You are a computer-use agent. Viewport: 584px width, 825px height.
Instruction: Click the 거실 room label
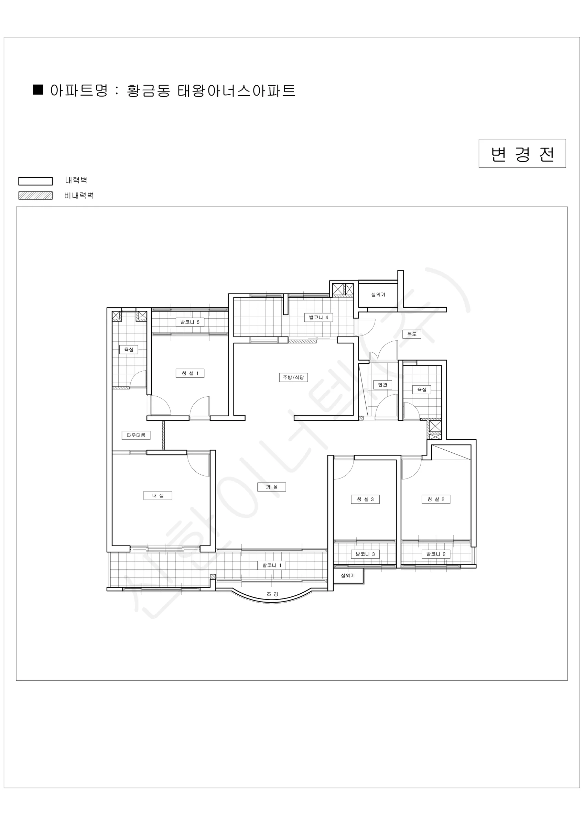[271, 487]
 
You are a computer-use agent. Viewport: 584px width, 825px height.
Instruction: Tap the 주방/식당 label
[293, 377]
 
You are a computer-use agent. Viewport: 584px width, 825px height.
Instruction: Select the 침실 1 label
[190, 373]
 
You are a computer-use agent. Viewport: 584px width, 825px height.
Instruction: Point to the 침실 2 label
[436, 499]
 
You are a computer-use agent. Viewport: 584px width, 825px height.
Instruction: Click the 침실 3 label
[365, 499]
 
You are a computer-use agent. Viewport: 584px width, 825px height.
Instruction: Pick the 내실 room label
[158, 495]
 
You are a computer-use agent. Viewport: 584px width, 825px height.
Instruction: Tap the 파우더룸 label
[136, 435]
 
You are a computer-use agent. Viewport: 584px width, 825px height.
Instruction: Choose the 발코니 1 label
[272, 565]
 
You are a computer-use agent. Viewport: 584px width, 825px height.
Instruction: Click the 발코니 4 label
[318, 318]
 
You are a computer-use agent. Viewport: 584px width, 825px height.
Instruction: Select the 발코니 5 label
[190, 322]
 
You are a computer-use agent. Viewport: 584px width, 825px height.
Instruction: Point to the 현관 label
[382, 385]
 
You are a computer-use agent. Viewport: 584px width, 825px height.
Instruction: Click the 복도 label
[412, 334]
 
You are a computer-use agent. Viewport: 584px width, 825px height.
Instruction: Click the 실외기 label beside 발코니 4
[378, 295]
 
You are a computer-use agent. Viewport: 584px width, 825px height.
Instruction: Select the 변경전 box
[522, 153]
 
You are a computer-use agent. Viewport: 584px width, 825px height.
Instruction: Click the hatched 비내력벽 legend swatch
[36, 196]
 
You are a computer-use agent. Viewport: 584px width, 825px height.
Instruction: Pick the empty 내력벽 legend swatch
[36, 181]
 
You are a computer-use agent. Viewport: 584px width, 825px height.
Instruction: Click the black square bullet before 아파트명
[38, 89]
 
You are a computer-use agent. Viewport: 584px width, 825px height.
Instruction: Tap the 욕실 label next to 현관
[421, 389]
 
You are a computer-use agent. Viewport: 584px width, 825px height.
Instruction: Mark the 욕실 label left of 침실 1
[129, 349]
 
